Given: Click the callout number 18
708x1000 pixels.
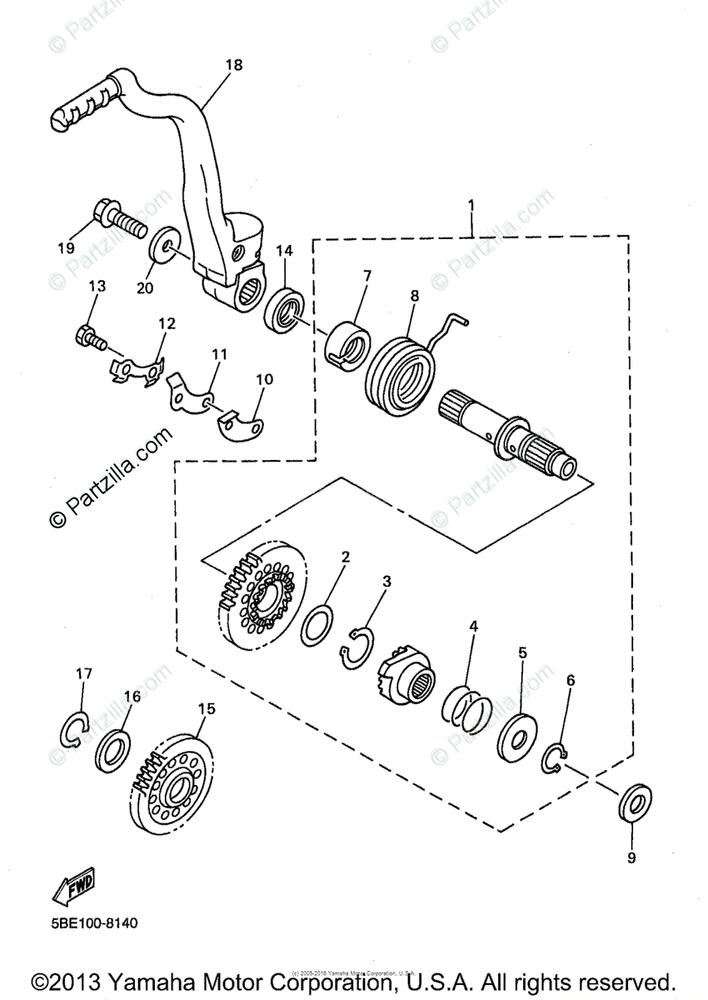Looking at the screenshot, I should pyautogui.click(x=234, y=64).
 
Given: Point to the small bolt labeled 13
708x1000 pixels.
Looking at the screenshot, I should pyautogui.click(x=90, y=337).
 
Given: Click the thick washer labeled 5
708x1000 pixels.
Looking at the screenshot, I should pyautogui.click(x=516, y=735).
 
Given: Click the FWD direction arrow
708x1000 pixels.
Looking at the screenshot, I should pyautogui.click(x=74, y=887).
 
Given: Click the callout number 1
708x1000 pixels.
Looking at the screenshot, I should pyautogui.click(x=471, y=203).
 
